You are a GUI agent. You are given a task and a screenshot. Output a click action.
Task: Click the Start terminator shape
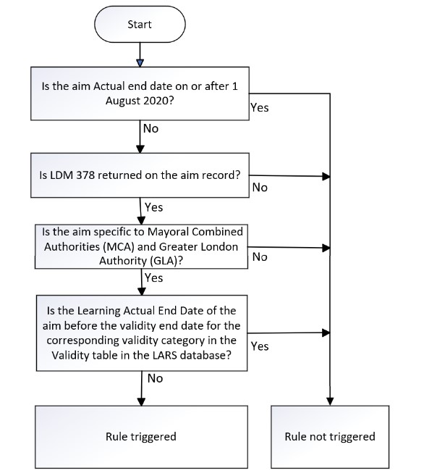(x=140, y=25)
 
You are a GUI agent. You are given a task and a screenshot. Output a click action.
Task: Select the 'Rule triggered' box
(x=140, y=436)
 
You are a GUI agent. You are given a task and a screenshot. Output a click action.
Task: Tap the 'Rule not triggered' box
(x=330, y=436)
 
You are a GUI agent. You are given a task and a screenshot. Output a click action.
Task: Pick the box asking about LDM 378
(x=139, y=175)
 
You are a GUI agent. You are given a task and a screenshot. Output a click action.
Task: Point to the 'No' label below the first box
(x=150, y=128)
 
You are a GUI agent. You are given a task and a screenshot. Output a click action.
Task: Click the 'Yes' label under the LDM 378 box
(x=153, y=207)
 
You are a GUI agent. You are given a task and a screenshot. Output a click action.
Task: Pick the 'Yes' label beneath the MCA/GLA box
(x=153, y=277)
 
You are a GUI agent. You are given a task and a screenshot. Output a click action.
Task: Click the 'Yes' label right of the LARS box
(x=259, y=346)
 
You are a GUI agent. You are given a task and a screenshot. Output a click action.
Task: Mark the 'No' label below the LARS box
(x=155, y=378)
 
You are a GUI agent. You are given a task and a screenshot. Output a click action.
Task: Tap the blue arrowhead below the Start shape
(x=140, y=64)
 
